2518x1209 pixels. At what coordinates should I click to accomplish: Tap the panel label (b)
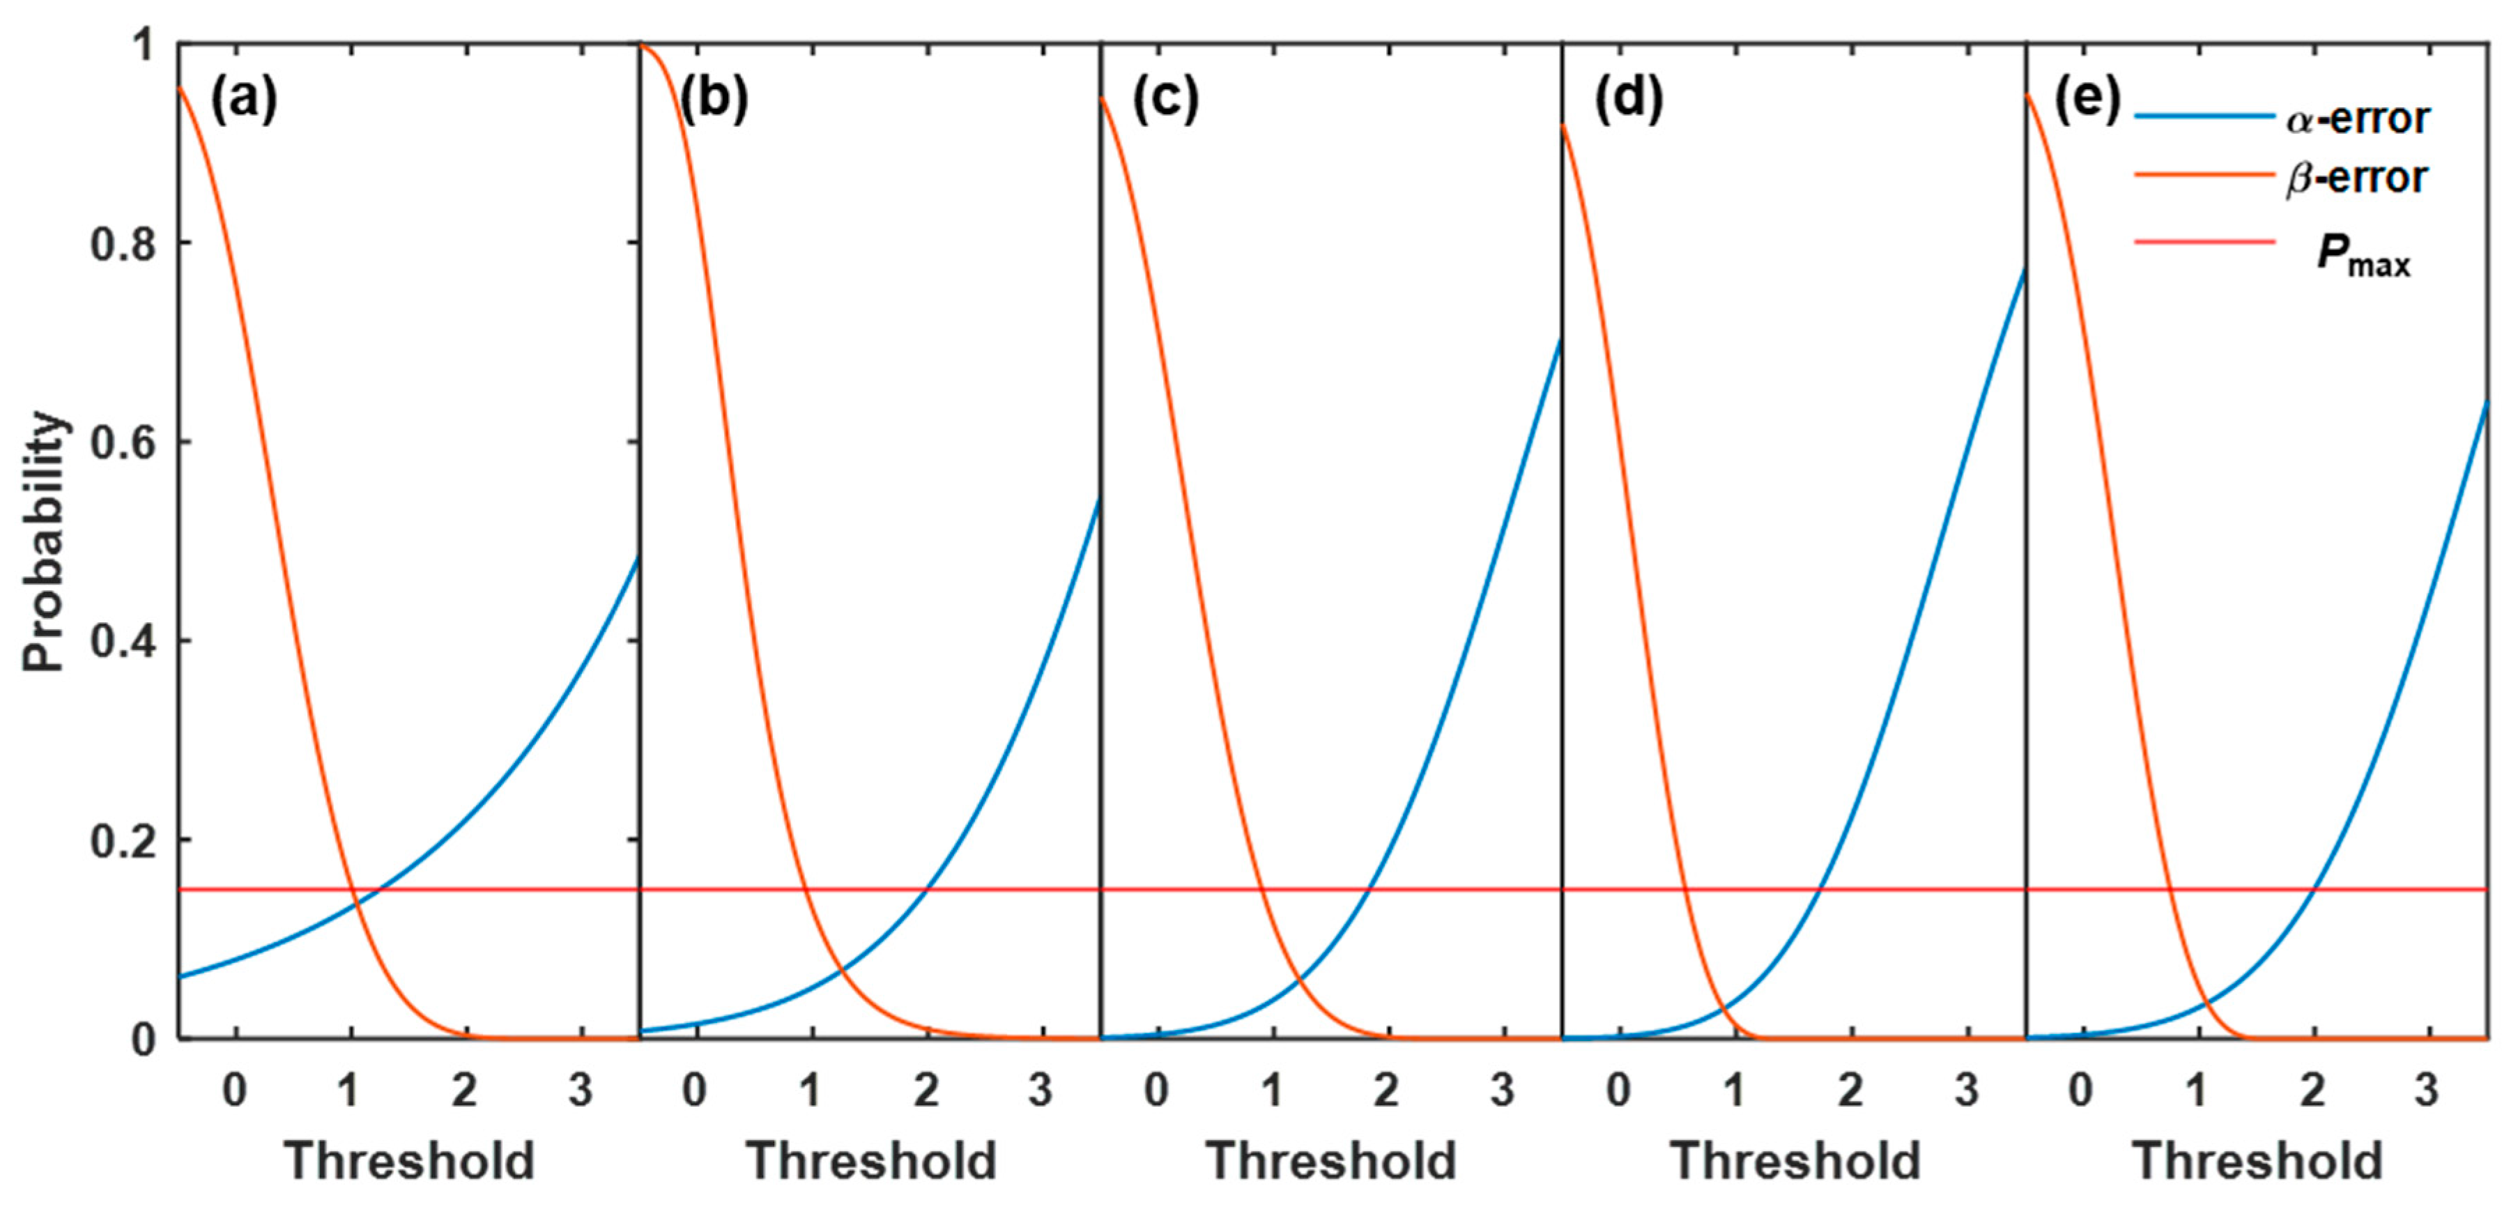(x=714, y=99)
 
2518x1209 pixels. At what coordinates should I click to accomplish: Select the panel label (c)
(x=1165, y=99)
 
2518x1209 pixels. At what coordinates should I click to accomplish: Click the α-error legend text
(x=2357, y=119)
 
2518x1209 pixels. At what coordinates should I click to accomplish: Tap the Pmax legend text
(x=2363, y=256)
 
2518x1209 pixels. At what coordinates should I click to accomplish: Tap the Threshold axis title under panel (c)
(x=1331, y=1161)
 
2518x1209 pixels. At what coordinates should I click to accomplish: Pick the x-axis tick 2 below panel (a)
(x=464, y=1088)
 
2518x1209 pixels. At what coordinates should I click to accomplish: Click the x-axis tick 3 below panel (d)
(x=1966, y=1088)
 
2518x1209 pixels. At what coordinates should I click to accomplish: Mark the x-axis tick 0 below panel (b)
(x=695, y=1088)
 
